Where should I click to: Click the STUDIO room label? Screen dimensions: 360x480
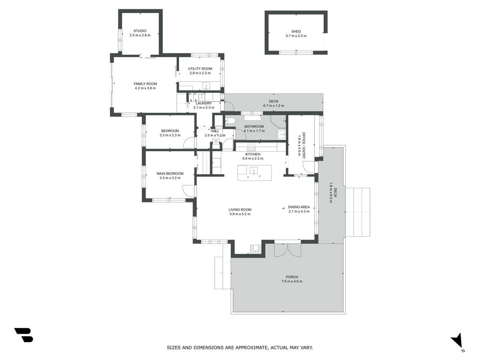140,31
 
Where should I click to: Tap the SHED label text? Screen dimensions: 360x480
296,32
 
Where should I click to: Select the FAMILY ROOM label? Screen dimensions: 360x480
145,84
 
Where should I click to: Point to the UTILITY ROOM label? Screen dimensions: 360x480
200,69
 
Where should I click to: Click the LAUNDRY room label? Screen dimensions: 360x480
204,103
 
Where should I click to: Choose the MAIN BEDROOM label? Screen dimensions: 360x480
170,174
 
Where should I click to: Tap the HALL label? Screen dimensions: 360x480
215,131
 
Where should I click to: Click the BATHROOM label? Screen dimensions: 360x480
254,126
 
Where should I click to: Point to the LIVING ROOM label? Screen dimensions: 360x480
240,210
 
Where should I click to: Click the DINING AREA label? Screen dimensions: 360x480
299,207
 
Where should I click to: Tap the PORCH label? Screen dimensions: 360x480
292,277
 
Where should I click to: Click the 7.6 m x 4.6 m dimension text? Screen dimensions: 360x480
292,282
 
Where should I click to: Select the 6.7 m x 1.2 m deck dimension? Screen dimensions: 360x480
274,106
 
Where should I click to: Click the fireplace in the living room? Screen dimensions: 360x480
255,249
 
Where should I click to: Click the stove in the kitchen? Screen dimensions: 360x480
251,146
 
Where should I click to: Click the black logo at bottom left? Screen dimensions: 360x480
24,335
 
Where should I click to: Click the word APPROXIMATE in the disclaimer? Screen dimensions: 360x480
248,348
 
